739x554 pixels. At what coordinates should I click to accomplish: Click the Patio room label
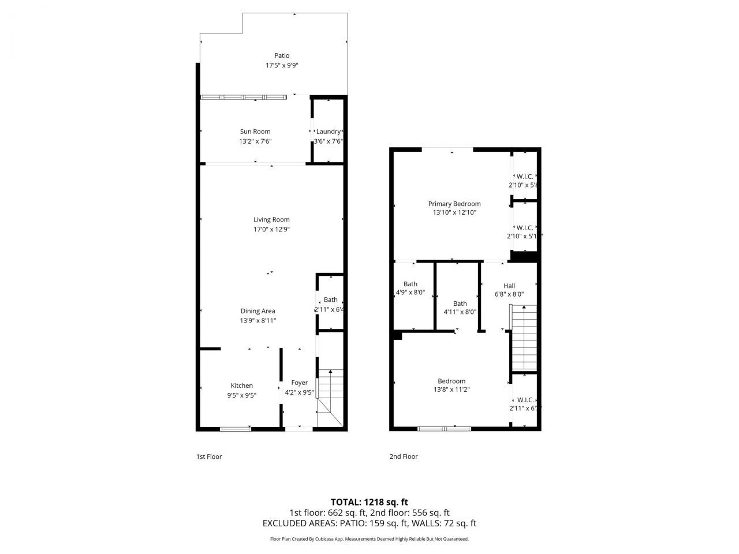click(282, 55)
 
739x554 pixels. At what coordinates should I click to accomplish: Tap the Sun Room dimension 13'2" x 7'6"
click(255, 141)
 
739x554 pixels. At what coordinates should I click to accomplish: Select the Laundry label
click(328, 132)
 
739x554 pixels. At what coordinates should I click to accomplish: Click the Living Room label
click(271, 219)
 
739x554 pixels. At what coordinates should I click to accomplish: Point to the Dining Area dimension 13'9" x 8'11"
click(258, 320)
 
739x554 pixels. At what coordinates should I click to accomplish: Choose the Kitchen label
click(242, 385)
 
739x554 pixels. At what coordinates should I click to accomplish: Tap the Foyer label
click(299, 383)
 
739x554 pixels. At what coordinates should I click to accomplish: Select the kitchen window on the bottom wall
click(235, 429)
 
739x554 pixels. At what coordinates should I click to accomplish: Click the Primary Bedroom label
click(454, 204)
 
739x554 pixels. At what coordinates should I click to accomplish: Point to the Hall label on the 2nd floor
click(509, 286)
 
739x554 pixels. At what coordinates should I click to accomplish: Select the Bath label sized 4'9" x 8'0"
click(410, 284)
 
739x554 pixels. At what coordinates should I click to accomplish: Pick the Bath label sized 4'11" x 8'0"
click(460, 304)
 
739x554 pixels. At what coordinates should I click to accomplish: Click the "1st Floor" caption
click(209, 456)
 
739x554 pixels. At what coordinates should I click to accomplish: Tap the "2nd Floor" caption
click(403, 456)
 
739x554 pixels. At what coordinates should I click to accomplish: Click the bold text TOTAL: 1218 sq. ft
click(369, 502)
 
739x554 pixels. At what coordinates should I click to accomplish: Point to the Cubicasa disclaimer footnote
click(369, 539)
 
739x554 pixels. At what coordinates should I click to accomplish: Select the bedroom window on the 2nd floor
click(444, 429)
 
